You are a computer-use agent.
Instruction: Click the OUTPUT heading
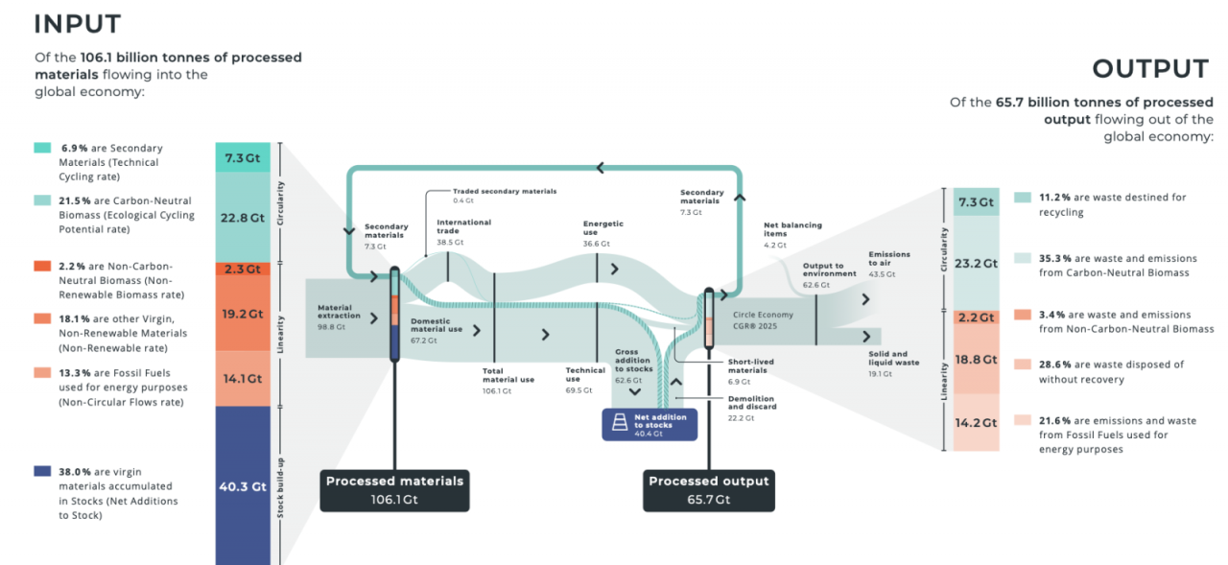tap(1150, 69)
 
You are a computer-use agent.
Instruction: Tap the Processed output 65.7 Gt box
tap(709, 489)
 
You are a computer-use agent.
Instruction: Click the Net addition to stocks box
tap(649, 424)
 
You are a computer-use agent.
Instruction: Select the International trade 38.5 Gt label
tap(463, 232)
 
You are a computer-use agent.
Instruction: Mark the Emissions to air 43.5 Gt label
tap(889, 264)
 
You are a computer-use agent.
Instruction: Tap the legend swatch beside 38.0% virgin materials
tap(42, 471)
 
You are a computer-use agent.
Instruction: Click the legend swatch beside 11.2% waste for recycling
tap(1023, 197)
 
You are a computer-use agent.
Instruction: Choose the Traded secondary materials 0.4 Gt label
tap(504, 196)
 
